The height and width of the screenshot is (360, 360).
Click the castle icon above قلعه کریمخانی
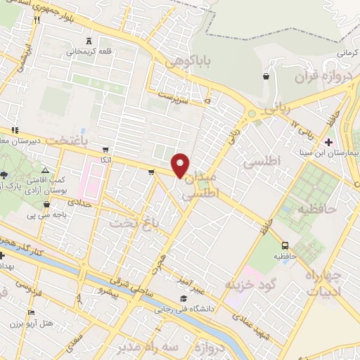coord(88,40)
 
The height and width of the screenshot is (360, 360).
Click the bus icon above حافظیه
coord(285,245)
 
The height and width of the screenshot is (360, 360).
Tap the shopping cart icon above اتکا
coord(105,150)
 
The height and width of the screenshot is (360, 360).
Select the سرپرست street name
coord(174,94)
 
